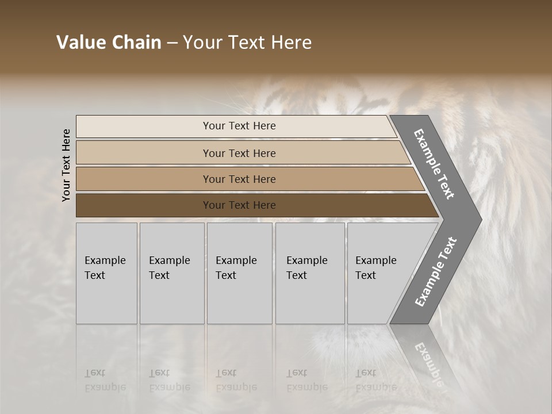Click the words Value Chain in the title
[x=109, y=43]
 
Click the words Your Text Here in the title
[x=247, y=43]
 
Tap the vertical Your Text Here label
[x=66, y=165]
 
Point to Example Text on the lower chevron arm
[x=436, y=272]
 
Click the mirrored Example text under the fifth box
[x=375, y=387]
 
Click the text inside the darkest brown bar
[x=239, y=205]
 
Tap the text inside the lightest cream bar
[x=239, y=126]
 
